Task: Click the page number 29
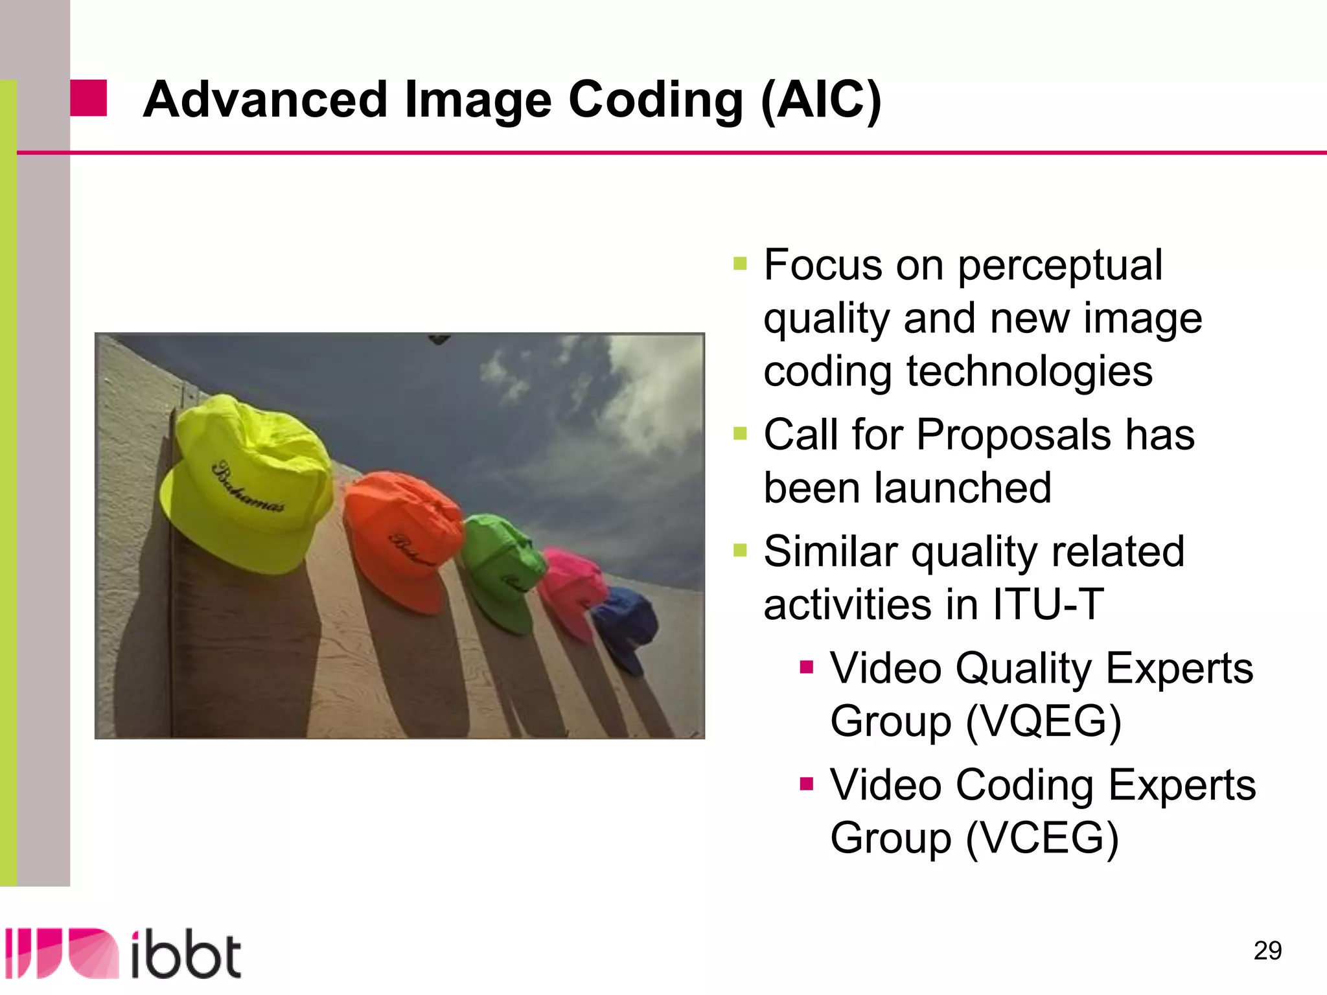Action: tap(1267, 950)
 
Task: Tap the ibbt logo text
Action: tap(186, 955)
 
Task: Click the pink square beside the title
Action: tap(88, 98)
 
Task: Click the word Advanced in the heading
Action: tap(265, 100)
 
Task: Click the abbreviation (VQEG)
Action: tap(1044, 722)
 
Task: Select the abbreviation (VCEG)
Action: tap(1043, 838)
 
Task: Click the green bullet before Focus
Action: tap(740, 264)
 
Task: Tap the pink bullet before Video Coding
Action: tap(806, 784)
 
